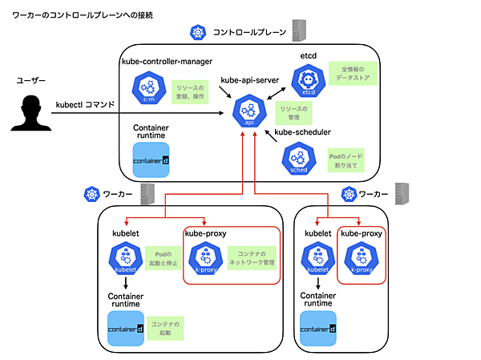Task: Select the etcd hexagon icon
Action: tap(309, 79)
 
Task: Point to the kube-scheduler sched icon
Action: tap(297, 159)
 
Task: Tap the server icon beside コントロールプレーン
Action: tap(300, 30)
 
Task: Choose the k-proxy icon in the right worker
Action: tap(359, 259)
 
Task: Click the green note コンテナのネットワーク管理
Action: tap(251, 258)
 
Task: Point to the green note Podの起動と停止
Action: tap(165, 259)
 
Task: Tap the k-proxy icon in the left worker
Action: tap(205, 259)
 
